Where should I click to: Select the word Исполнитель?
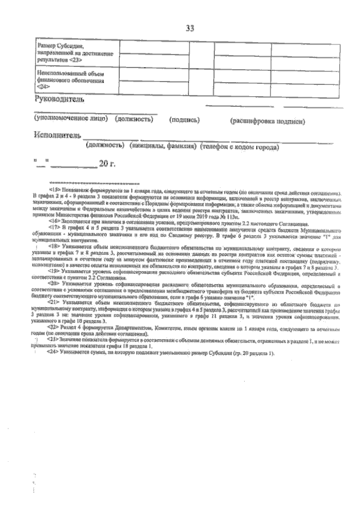point(57,136)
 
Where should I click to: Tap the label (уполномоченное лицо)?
point(71,119)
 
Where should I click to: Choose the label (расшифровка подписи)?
point(267,120)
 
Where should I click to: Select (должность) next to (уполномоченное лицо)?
point(134,119)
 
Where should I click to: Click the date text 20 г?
point(107,164)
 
